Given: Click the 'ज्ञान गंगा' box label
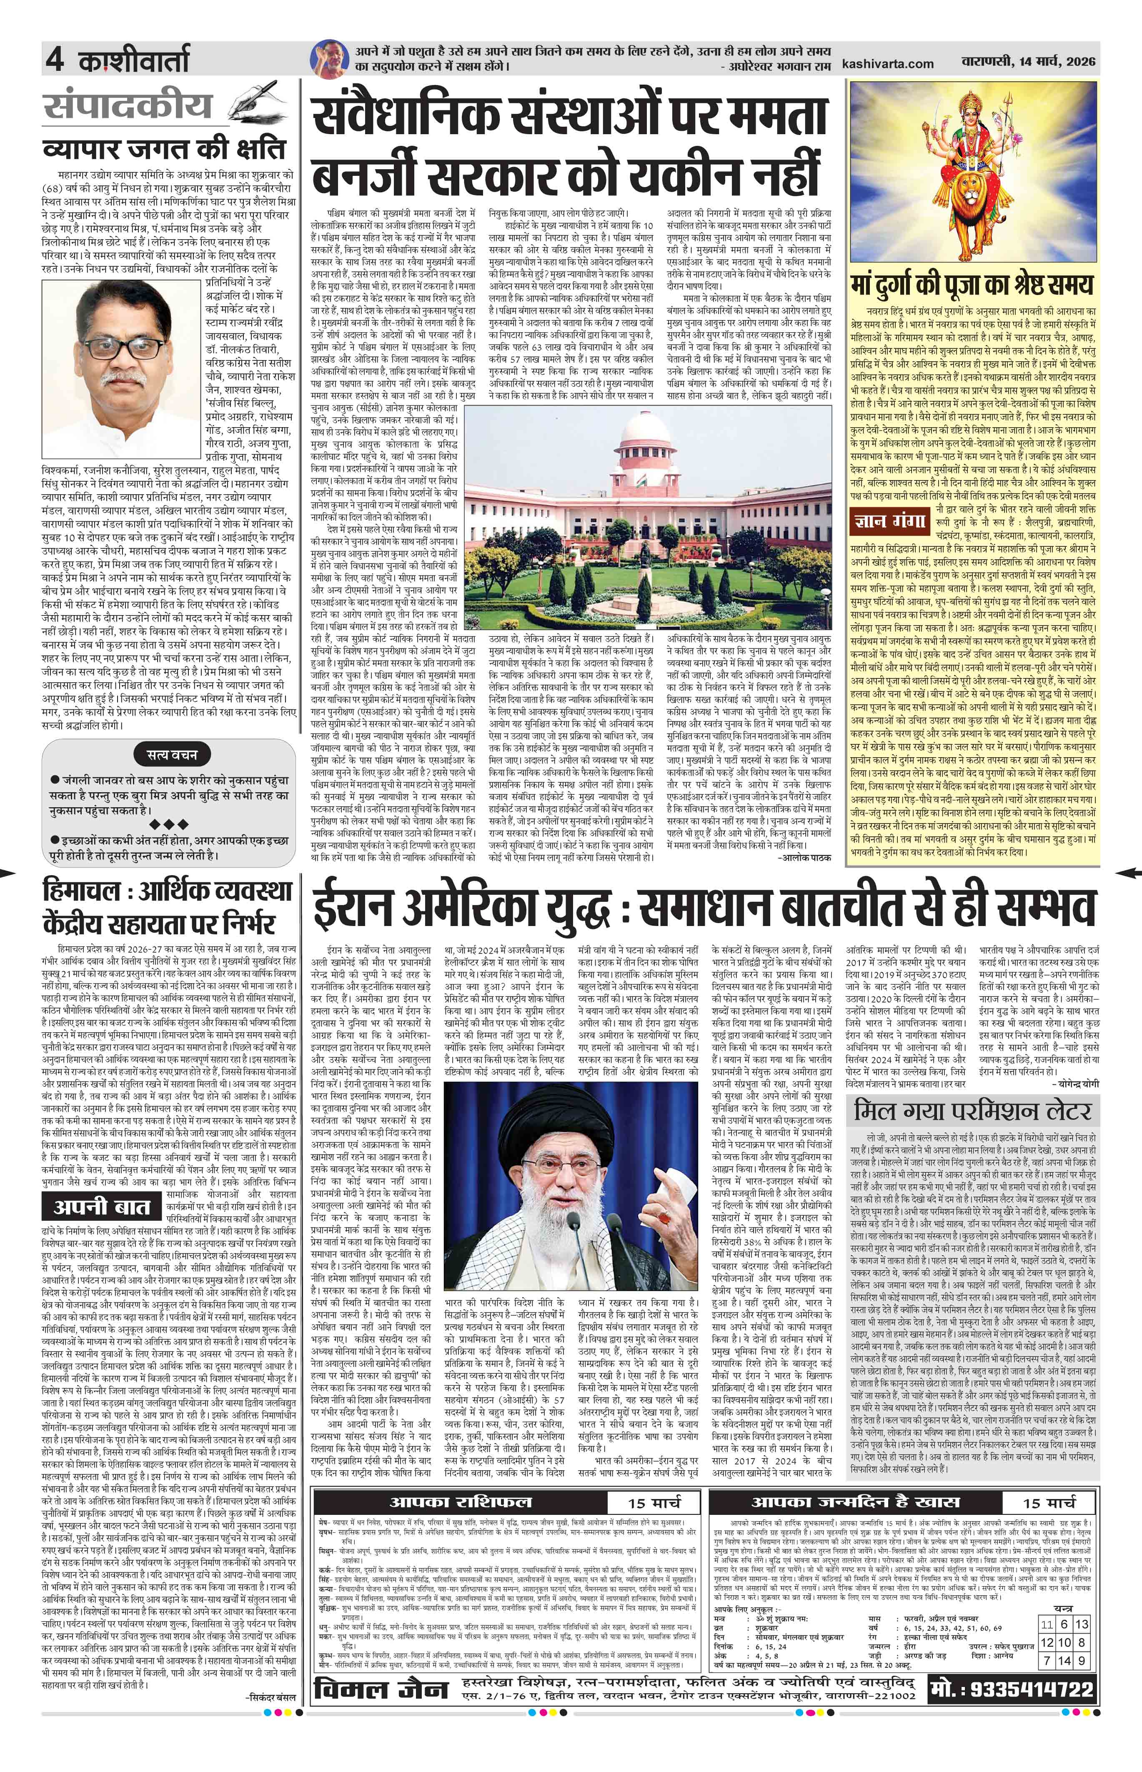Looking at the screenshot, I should click(x=888, y=521).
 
